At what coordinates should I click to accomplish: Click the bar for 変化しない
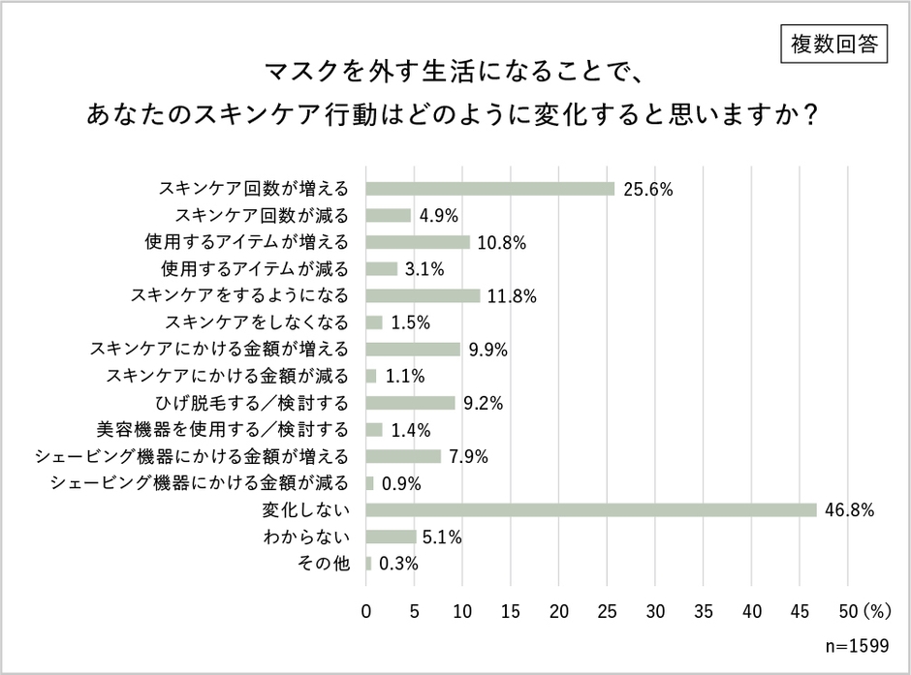[x=591, y=509]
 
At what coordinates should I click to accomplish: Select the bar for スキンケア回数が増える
[x=490, y=188]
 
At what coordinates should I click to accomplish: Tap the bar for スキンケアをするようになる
[x=424, y=295]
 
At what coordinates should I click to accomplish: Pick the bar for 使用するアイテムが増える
[x=418, y=242]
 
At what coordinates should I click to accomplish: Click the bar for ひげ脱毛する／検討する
[x=411, y=403]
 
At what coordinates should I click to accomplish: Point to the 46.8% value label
[x=850, y=509]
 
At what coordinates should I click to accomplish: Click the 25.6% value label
[x=648, y=189]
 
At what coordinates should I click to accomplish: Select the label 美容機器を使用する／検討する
[x=222, y=429]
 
